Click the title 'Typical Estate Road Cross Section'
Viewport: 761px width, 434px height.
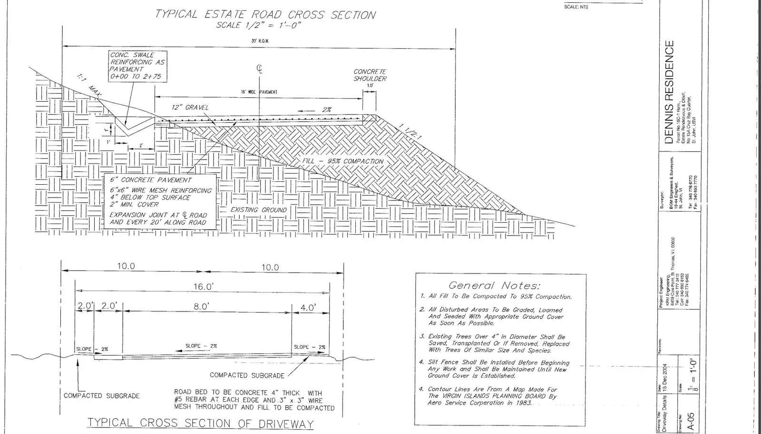(x=265, y=14)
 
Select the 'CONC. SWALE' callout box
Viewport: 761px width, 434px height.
(x=137, y=66)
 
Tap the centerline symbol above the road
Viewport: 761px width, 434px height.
(x=260, y=69)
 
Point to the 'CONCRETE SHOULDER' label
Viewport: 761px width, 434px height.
(x=370, y=75)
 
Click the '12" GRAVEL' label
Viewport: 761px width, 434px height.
(x=190, y=107)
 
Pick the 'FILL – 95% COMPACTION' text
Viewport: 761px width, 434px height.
(x=342, y=161)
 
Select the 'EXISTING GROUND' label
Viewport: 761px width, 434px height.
(x=258, y=209)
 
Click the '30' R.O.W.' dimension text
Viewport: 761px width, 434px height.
(x=260, y=41)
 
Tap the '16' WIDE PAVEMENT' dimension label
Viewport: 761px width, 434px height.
(x=259, y=92)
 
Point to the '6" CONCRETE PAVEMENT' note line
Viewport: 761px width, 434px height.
(x=151, y=180)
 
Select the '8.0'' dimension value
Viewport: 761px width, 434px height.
(x=201, y=307)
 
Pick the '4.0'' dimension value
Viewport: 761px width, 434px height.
(x=307, y=308)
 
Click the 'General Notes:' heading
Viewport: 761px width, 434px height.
(x=494, y=285)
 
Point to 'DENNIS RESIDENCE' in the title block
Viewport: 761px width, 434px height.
(x=669, y=92)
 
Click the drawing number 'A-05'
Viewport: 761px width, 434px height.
(x=692, y=421)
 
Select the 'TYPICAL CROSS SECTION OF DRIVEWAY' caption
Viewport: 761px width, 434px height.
(x=201, y=423)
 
